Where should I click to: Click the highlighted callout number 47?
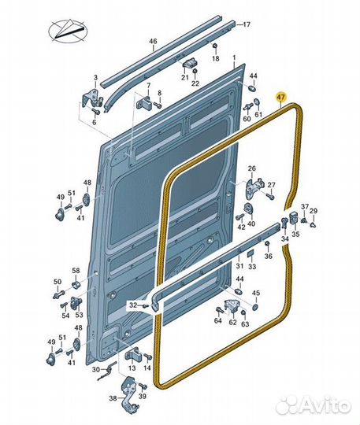tap(281, 97)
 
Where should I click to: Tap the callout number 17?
tap(247, 24)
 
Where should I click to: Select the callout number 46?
tap(153, 42)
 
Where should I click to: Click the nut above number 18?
tap(214, 46)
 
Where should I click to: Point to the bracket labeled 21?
tap(189, 65)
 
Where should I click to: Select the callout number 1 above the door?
tap(234, 57)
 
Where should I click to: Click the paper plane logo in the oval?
tap(68, 31)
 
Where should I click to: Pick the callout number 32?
tap(133, 305)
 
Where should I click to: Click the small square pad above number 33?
tap(250, 253)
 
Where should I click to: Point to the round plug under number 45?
tap(255, 307)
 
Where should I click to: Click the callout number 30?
tap(96, 369)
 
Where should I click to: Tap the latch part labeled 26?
tap(254, 187)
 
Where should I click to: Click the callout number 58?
tap(76, 270)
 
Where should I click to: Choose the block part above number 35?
tap(294, 218)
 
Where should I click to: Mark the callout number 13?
tap(132, 368)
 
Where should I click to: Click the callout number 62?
tap(232, 323)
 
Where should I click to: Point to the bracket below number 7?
tap(146, 102)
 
